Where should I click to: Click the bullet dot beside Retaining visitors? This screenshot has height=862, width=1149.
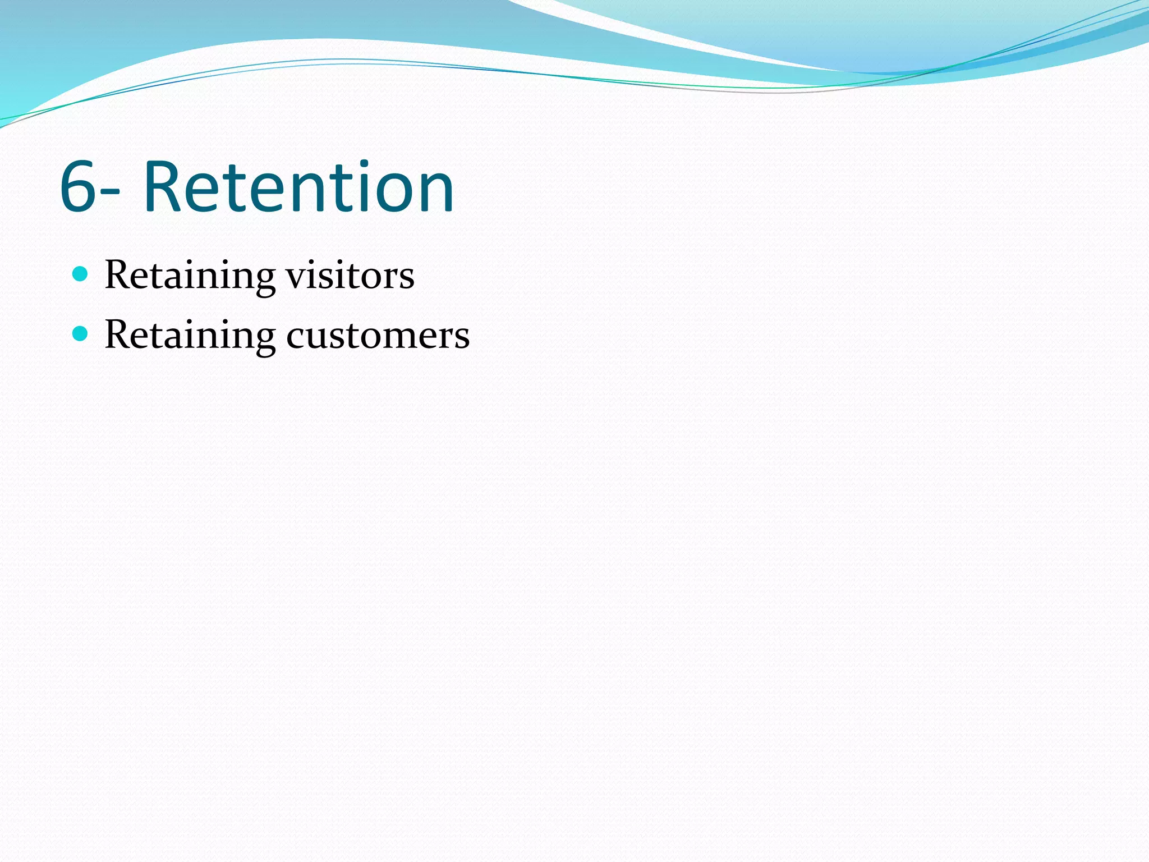coord(81,274)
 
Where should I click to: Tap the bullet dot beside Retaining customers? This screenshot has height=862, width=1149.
coord(81,334)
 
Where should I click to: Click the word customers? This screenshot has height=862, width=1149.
coord(378,336)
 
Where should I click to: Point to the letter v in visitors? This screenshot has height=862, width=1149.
coord(296,278)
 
